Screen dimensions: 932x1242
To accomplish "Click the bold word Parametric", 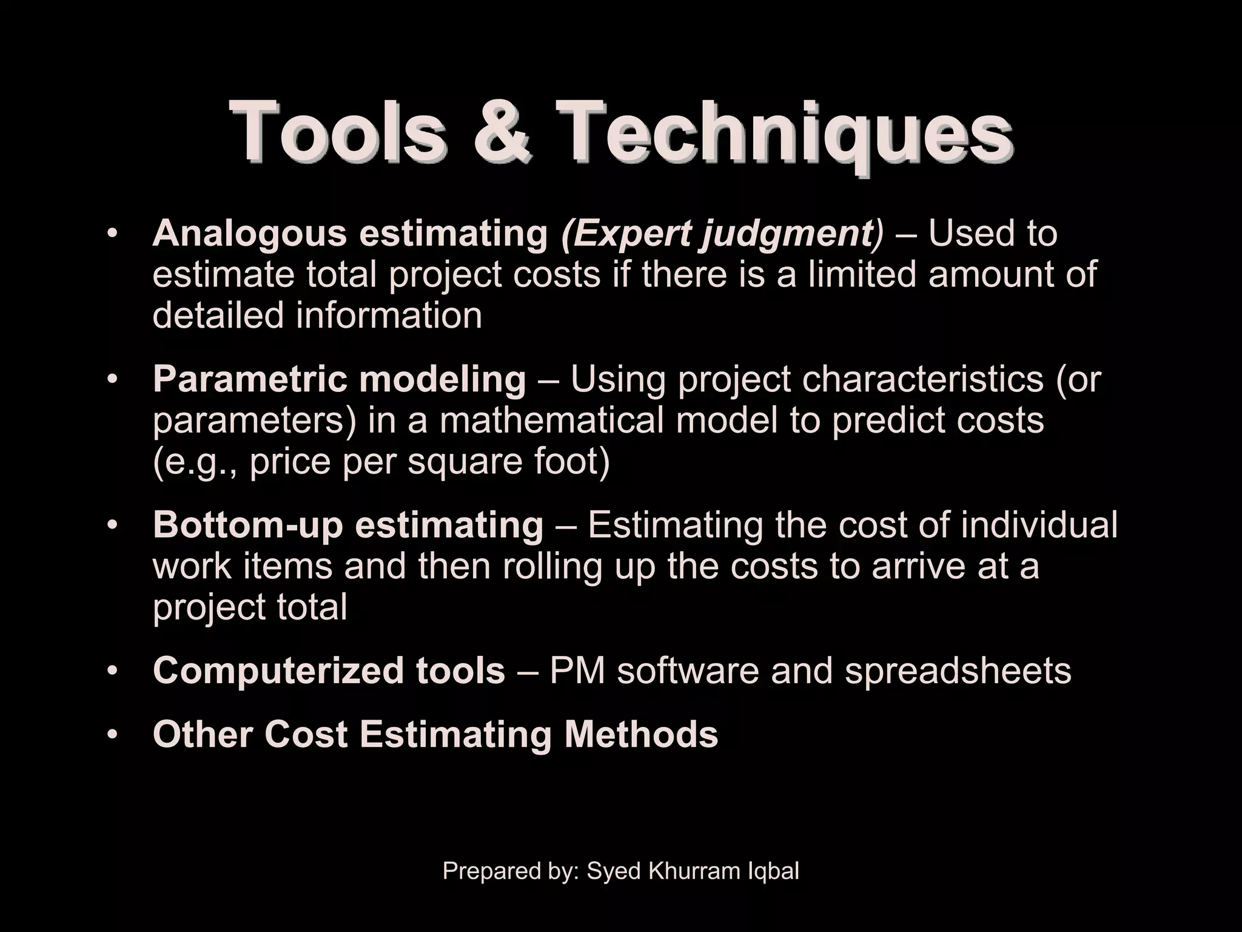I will [249, 379].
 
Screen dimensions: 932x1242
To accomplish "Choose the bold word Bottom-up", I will [248, 525].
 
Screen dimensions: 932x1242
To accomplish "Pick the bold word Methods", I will [641, 735].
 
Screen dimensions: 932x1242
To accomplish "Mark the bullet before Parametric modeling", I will [112, 380].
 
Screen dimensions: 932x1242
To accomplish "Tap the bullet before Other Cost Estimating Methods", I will [112, 735].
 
